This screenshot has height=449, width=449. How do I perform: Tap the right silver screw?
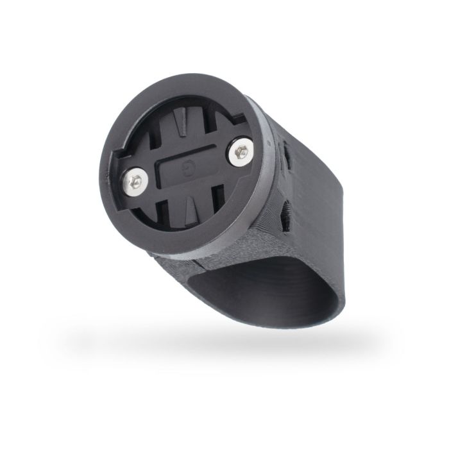(242, 151)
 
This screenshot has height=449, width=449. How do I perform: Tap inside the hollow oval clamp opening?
(257, 282)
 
